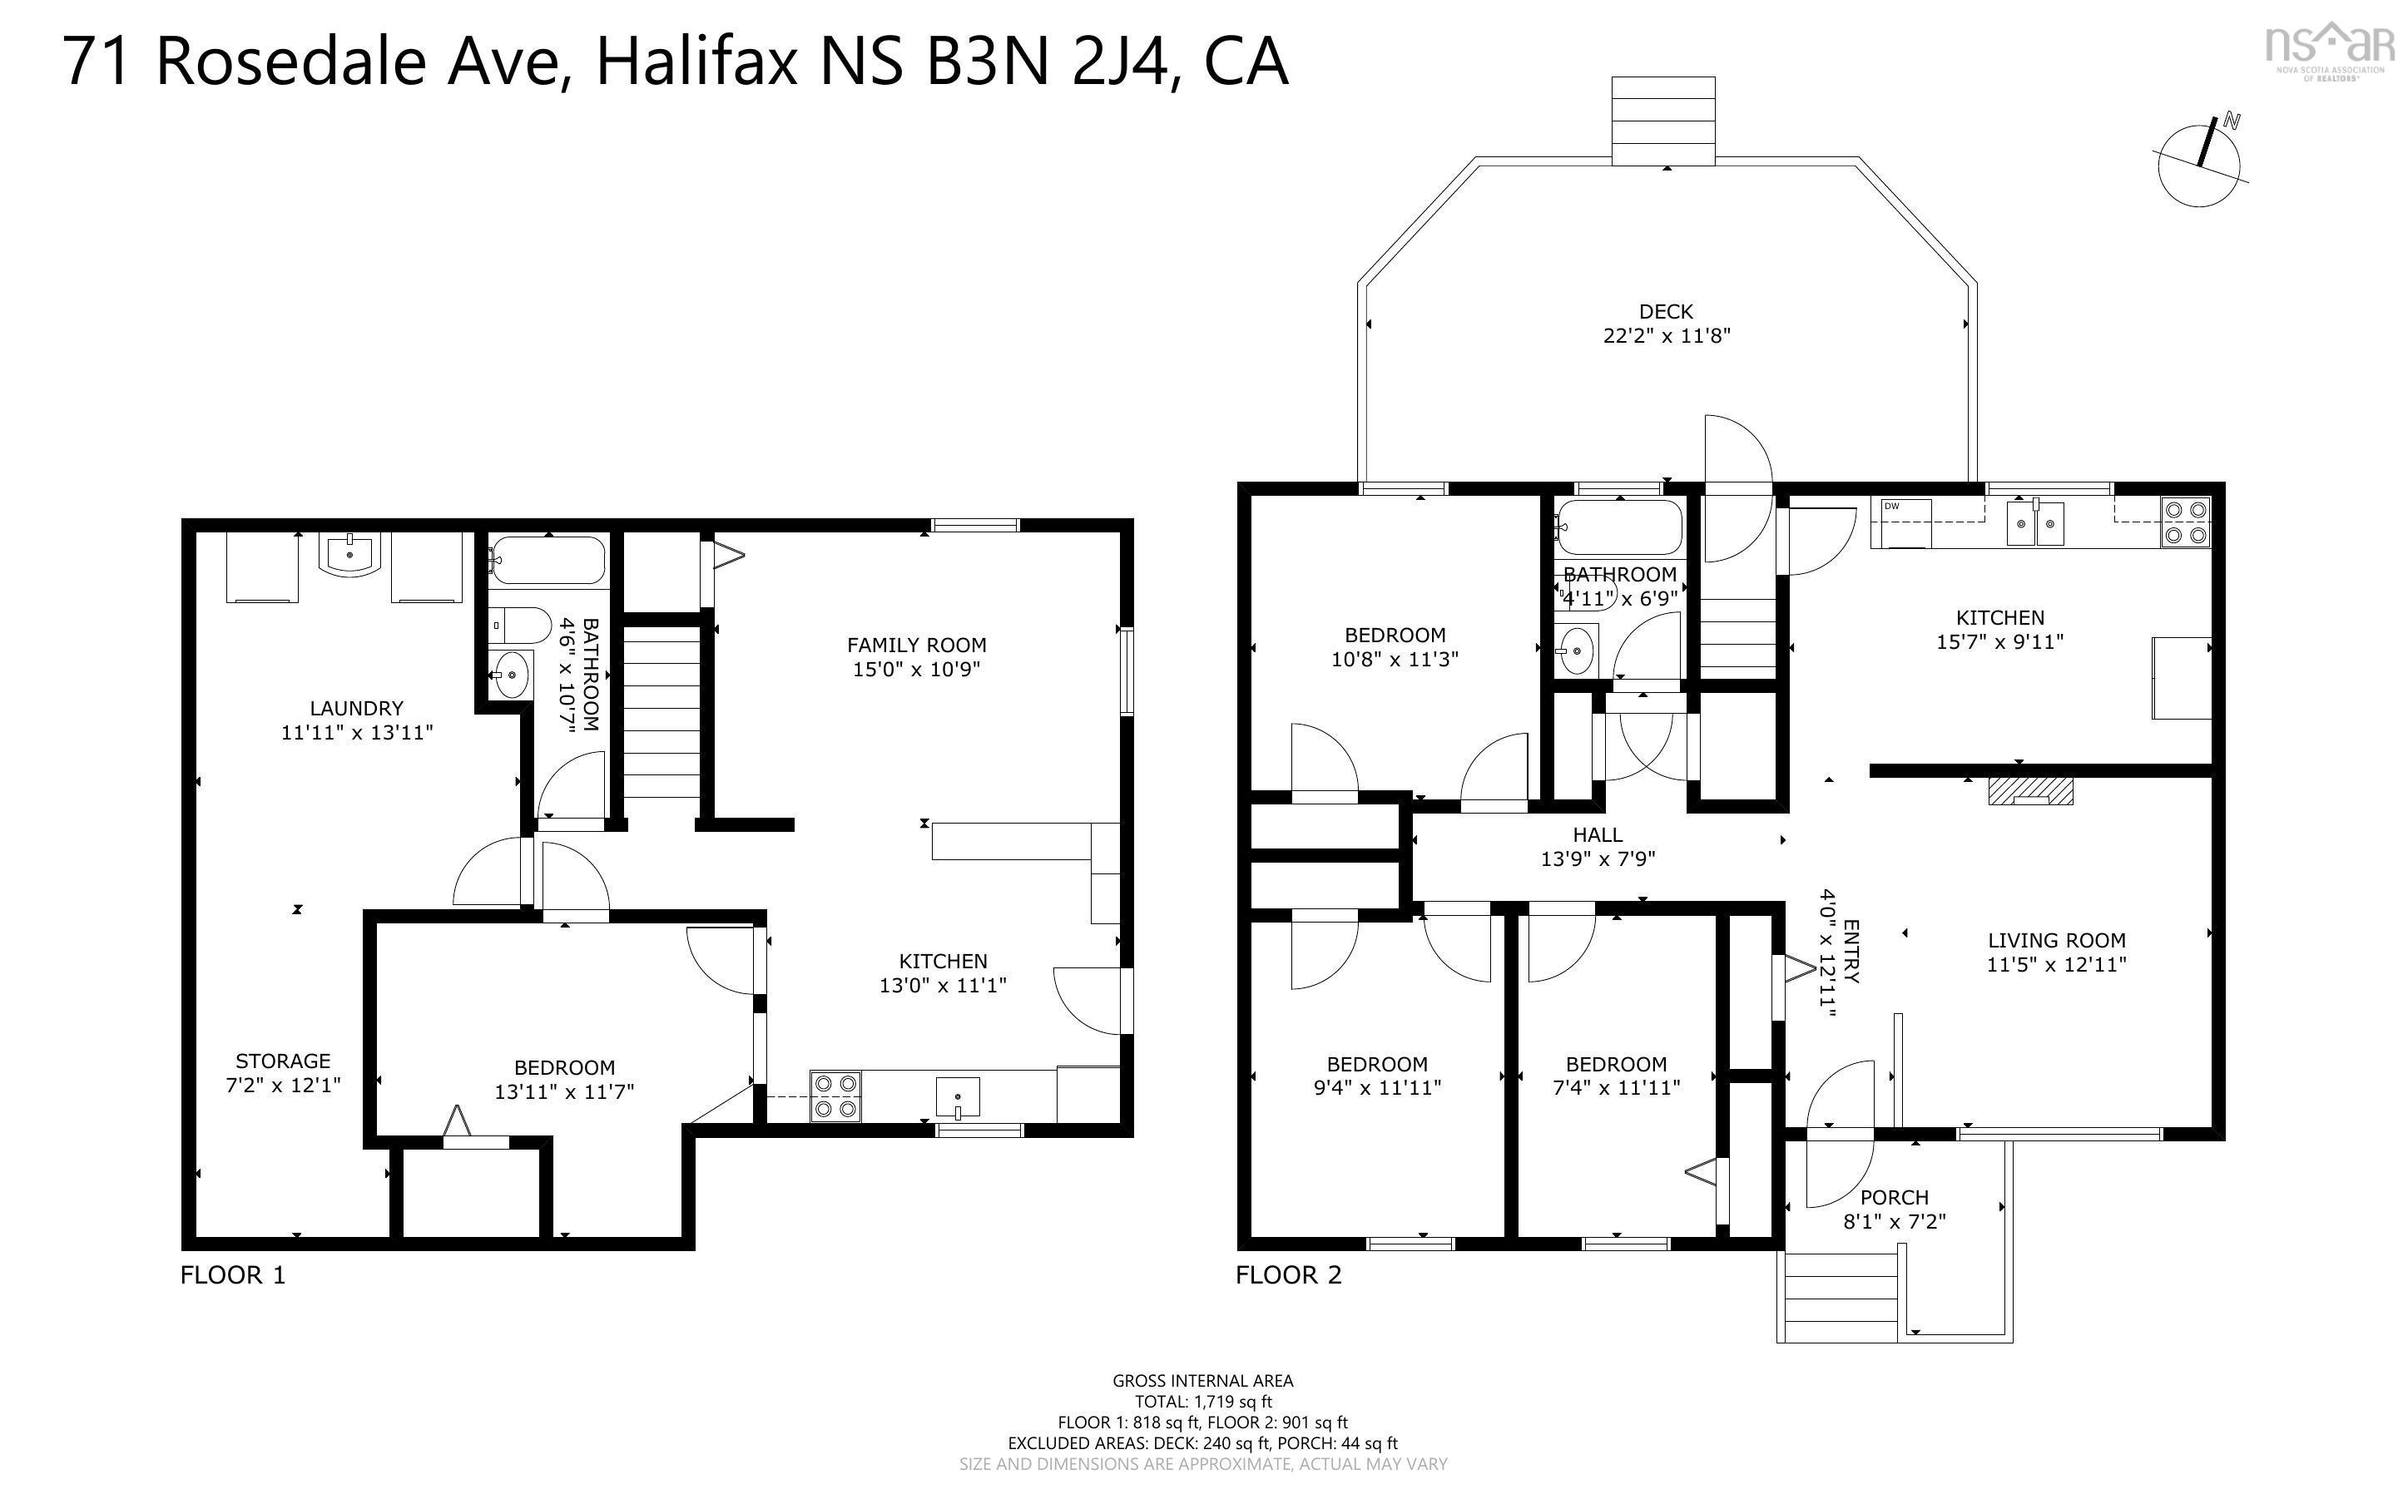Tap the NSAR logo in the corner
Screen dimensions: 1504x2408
[x=2328, y=50]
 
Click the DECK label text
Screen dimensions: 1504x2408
[x=1665, y=311]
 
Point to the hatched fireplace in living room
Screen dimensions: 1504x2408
[x=2030, y=791]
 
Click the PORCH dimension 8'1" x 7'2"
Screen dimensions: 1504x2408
[x=1894, y=1221]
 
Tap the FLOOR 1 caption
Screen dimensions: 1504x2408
[x=233, y=1275]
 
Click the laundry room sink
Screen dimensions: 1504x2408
[x=349, y=554]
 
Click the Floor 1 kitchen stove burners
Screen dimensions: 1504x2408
[x=835, y=1096]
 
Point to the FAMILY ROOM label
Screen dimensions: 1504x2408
[x=916, y=645]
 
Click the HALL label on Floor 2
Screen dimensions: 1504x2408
[x=1598, y=834]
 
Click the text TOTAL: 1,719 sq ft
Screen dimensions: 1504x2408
[x=1202, y=1402]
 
